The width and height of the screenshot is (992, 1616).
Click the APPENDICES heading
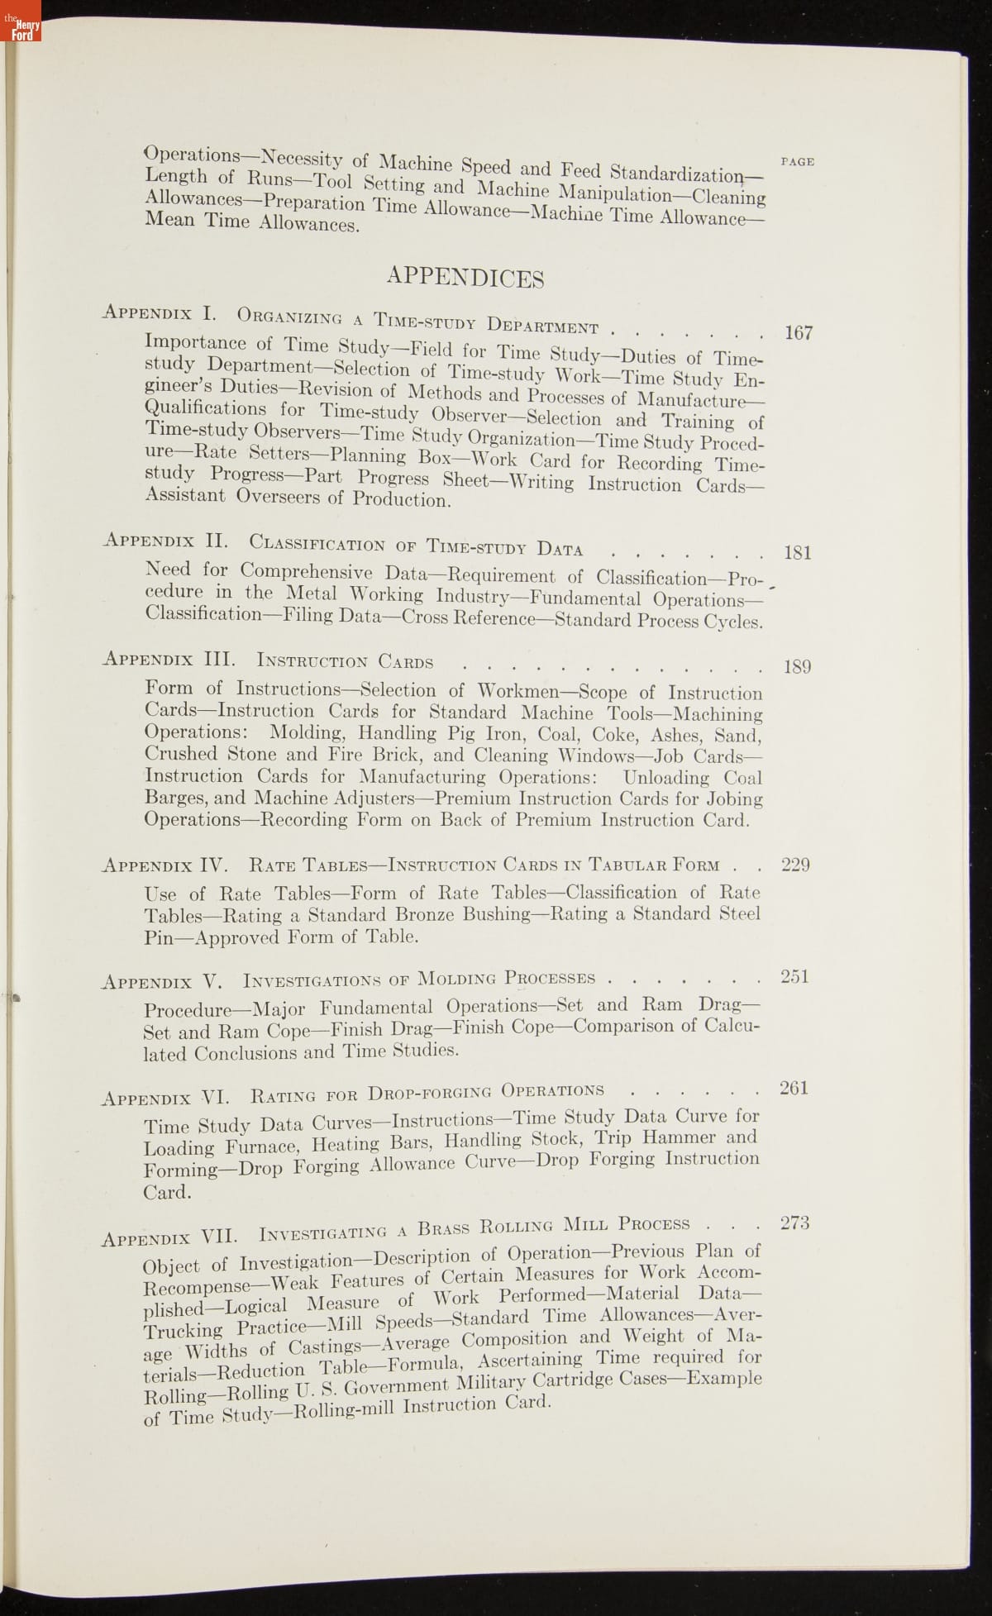tap(465, 277)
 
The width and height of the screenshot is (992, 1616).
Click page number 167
tap(799, 333)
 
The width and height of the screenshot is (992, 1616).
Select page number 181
tap(797, 552)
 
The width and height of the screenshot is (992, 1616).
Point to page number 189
tap(797, 666)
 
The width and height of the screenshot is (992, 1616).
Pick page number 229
tap(795, 865)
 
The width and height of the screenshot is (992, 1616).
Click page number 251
tap(794, 976)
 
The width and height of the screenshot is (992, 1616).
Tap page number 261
tap(794, 1088)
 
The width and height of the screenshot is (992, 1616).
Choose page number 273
tap(794, 1223)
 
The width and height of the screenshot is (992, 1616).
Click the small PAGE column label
tap(797, 162)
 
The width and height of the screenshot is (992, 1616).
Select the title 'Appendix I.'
tap(160, 313)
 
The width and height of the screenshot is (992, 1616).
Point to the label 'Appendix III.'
tap(169, 659)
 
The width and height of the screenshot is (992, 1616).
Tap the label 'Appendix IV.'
tap(167, 865)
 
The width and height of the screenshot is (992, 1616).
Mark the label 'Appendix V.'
tap(162, 982)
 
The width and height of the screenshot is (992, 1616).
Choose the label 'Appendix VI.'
tap(165, 1098)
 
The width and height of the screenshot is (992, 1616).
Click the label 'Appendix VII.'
tap(169, 1237)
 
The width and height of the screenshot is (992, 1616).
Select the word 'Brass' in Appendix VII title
tap(445, 1227)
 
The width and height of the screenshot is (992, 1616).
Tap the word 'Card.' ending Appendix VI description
tap(167, 1192)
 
